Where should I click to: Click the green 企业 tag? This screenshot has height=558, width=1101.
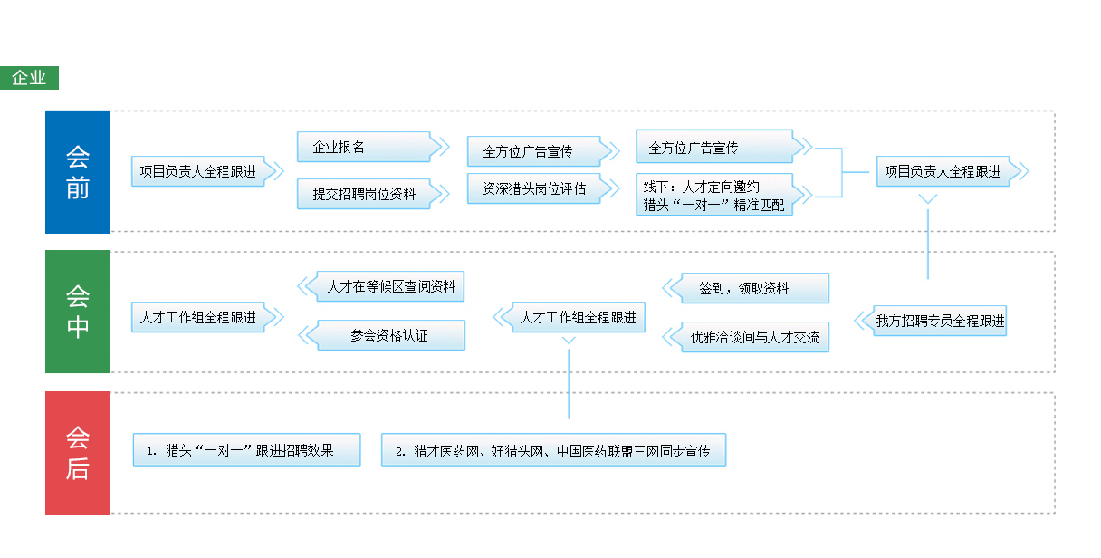pos(30,78)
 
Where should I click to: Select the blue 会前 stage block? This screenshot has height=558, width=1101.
pos(77,172)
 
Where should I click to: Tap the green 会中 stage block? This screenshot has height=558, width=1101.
pos(77,312)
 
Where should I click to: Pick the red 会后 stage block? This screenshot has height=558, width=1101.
pos(77,453)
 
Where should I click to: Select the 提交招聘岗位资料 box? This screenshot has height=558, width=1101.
pos(364,193)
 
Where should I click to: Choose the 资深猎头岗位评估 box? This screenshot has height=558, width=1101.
pos(534,188)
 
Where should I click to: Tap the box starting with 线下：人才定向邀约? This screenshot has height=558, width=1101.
pos(714,196)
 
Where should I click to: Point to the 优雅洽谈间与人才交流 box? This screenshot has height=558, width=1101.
pos(754,337)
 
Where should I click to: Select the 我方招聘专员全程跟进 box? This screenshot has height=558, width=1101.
pos(940,321)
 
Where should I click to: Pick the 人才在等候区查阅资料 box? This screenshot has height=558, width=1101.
pos(391,286)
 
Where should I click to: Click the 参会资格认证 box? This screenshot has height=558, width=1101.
pos(391,335)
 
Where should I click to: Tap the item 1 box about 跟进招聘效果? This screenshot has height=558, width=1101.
pos(246,449)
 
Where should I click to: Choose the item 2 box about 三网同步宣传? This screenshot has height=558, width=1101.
pos(554,450)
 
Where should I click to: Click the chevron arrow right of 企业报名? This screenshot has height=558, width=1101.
pos(442,147)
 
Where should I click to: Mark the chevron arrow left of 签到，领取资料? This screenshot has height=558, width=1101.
pos(670,288)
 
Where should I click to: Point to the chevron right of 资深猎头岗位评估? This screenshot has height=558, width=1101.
pos(612,188)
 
